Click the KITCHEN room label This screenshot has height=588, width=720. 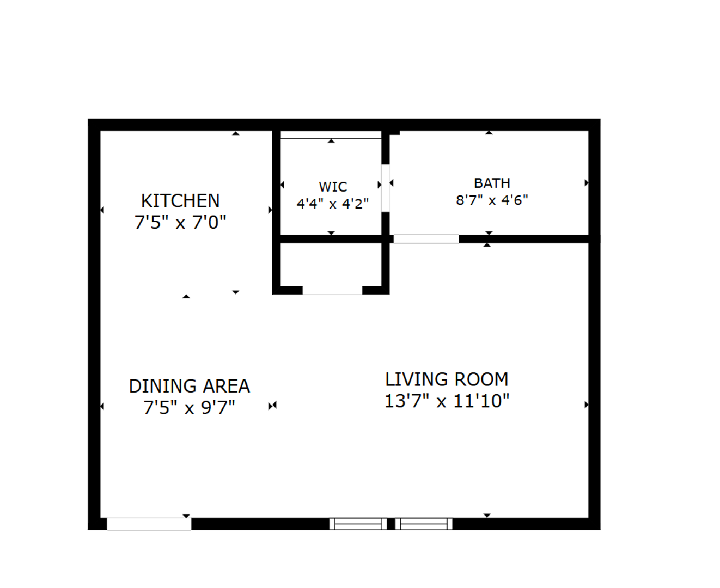(180, 201)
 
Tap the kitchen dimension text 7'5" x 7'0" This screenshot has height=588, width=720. (180, 222)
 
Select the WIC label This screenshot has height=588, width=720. (333, 187)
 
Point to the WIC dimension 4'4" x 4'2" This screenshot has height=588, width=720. (333, 204)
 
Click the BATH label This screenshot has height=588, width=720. (492, 183)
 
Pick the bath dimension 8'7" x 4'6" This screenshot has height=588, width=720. (492, 200)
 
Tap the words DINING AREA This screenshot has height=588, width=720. (189, 386)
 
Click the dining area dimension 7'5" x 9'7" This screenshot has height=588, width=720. (189, 407)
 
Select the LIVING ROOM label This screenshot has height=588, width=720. (447, 379)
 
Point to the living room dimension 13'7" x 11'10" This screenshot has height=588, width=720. (447, 401)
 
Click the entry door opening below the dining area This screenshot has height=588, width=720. (149, 524)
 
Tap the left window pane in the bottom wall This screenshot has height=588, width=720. (358, 524)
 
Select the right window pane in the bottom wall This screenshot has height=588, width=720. (424, 524)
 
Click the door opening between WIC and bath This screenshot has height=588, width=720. (386, 188)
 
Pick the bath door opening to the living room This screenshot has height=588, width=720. (426, 238)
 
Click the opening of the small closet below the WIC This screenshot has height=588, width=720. (332, 290)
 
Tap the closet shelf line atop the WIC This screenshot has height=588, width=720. (331, 138)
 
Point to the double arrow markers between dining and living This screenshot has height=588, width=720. (272, 406)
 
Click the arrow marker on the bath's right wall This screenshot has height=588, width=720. (586, 183)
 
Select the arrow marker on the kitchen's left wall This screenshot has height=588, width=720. (102, 210)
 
